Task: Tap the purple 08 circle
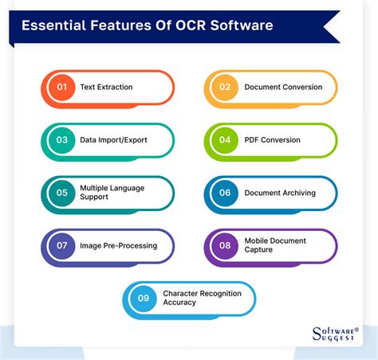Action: [224, 245]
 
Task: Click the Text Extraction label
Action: [106, 87]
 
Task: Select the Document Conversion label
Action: [282, 87]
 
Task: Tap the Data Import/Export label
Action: [113, 140]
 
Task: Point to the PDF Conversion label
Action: [272, 140]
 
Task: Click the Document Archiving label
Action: [280, 193]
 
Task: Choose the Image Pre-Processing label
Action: [118, 245]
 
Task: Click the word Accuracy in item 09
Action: [181, 303]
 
